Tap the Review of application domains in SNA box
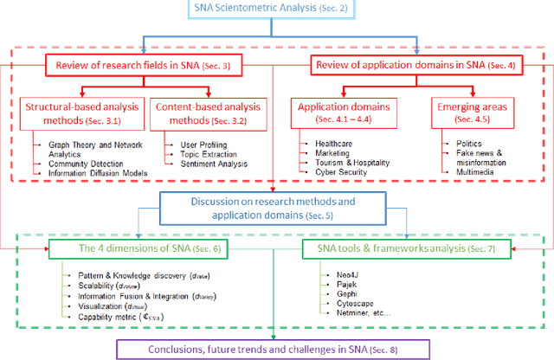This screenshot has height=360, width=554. click(x=416, y=64)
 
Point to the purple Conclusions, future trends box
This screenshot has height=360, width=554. click(x=276, y=349)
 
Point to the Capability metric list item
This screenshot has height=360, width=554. click(x=113, y=318)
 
